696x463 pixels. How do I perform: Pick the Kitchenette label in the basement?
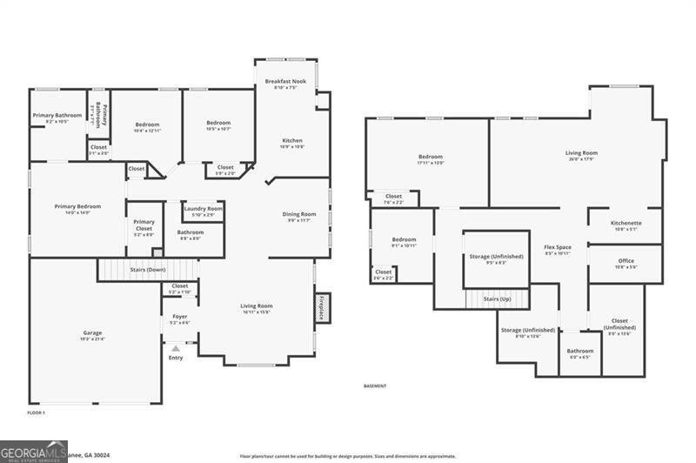pos(626,225)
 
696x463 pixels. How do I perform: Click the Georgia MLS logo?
pos(34,452)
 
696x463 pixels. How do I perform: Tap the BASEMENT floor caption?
pos(375,386)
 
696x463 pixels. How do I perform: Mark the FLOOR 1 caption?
pos(37,412)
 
